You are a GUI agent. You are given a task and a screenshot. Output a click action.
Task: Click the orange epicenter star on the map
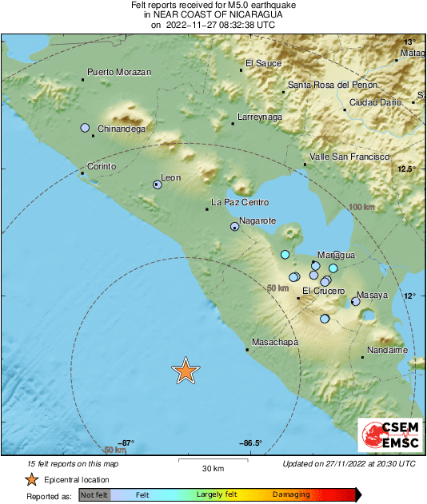(186, 371)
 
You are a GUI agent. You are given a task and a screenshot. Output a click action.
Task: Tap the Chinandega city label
(121, 129)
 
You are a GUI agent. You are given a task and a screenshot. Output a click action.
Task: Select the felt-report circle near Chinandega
(85, 128)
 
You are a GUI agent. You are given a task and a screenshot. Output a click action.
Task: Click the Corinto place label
(101, 166)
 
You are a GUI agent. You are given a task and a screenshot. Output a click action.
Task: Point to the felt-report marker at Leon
(158, 185)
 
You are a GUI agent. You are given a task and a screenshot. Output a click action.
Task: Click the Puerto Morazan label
(119, 72)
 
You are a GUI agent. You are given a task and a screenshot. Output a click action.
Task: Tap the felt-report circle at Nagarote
(234, 227)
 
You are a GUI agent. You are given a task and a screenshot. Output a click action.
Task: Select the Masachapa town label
(274, 343)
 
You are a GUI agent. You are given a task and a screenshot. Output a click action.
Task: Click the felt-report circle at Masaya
(356, 301)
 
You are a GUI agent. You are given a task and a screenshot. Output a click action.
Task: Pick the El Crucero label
(323, 291)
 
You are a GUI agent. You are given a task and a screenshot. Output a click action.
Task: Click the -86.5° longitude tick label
(250, 442)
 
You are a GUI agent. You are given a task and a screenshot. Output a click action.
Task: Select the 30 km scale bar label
(212, 467)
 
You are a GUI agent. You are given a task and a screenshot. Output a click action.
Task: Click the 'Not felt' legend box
(93, 494)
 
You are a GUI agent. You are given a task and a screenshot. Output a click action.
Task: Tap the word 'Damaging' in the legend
(291, 494)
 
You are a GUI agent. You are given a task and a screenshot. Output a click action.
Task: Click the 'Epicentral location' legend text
(78, 479)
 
